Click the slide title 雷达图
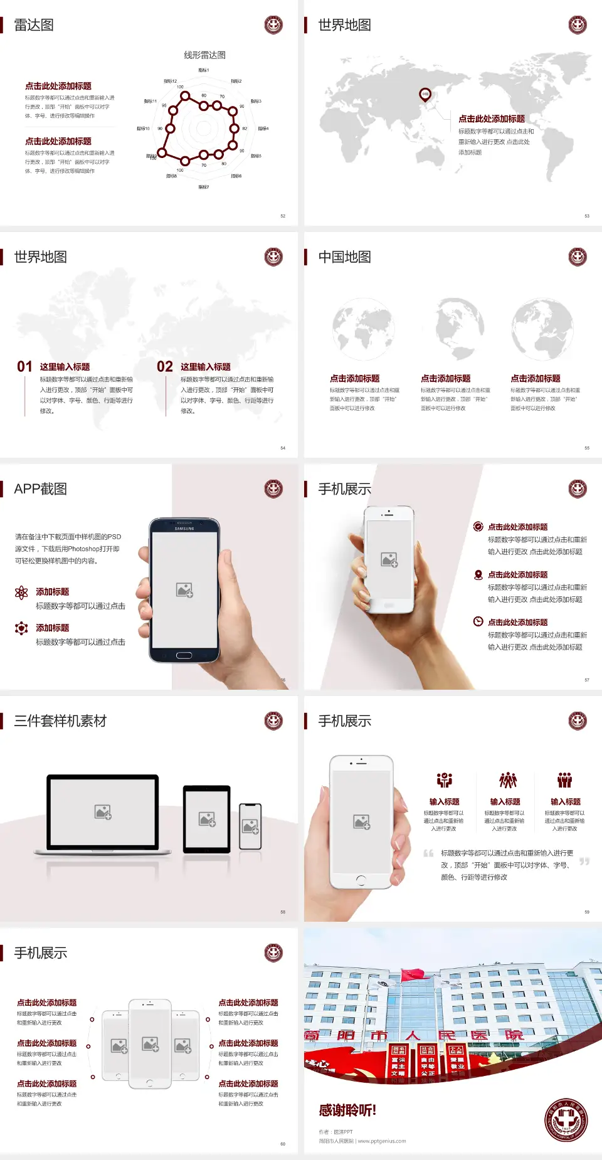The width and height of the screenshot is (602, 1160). point(34,25)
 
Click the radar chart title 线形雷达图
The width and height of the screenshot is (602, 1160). point(204,55)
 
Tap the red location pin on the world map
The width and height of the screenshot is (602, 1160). point(425,95)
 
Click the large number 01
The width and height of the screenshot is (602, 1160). point(24,367)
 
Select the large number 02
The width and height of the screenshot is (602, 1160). point(165,367)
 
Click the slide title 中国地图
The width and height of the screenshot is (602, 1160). point(344,257)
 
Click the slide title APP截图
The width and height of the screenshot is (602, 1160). point(40,489)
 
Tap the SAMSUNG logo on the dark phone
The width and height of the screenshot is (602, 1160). point(184,529)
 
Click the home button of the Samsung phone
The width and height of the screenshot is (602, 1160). point(184,655)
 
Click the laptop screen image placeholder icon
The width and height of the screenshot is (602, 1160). point(103,812)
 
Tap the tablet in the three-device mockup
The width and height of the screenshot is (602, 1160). point(207,818)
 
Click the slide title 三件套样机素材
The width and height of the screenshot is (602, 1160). point(60,721)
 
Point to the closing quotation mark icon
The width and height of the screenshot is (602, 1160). point(584,862)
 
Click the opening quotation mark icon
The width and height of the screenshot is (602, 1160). point(428,853)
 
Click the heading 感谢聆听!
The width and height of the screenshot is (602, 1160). point(347,1110)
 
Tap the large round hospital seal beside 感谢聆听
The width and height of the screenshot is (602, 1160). point(566,1120)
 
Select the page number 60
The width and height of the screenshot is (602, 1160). point(283,1144)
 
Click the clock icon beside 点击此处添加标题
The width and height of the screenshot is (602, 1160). point(478,621)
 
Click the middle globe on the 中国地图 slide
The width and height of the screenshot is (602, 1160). point(460,327)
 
